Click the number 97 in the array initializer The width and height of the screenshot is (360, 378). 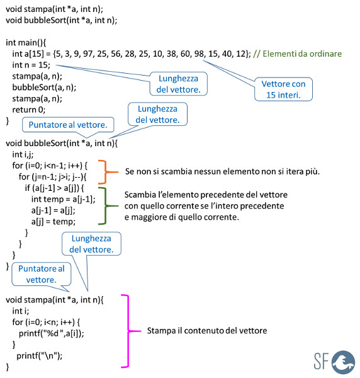click(89, 54)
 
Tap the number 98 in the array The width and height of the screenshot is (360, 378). click(199, 54)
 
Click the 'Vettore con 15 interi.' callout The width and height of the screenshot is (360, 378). click(283, 89)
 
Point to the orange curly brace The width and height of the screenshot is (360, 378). click(106, 172)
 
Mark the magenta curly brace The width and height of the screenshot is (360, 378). click(128, 331)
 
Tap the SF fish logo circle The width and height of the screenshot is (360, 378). click(343, 362)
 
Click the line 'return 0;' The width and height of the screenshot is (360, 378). click(29, 110)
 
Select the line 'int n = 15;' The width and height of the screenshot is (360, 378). click(31, 65)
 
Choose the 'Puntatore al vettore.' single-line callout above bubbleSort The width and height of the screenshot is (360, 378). click(68, 125)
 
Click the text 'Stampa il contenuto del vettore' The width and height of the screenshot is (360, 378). click(207, 331)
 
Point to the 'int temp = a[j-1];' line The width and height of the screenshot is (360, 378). click(64, 199)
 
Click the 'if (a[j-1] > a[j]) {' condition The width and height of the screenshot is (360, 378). click(54, 188)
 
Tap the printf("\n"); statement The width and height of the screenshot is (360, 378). click(39, 355)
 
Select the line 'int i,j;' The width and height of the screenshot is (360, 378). click(23, 154)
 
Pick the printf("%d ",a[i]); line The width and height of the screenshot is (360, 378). click(51, 333)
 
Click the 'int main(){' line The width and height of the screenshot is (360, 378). click(26, 43)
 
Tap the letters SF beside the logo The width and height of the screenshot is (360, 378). click(321, 361)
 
